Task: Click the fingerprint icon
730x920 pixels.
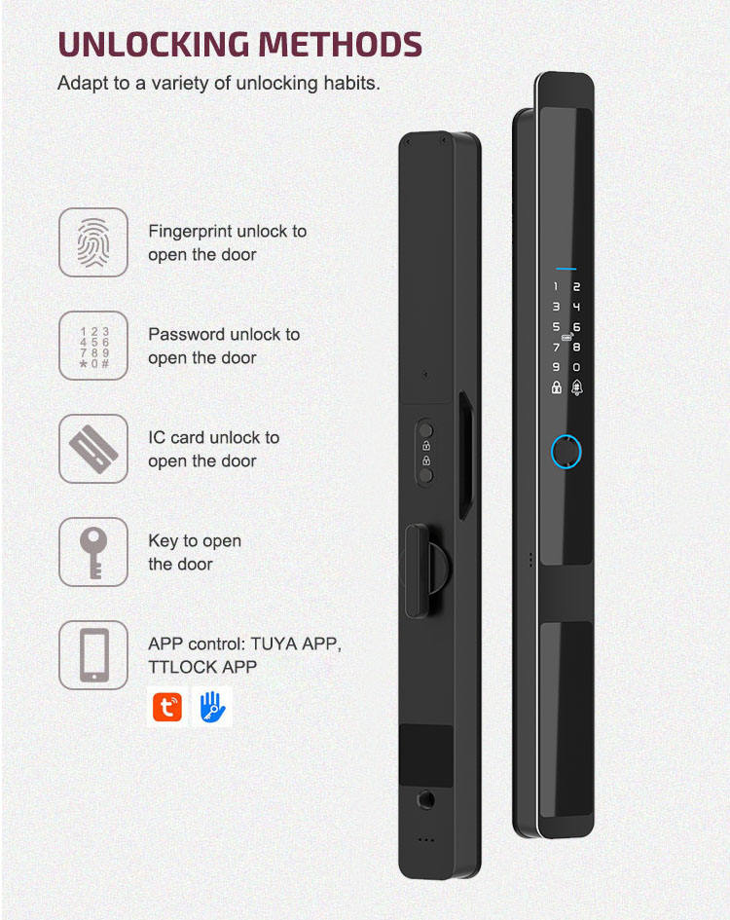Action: click(x=93, y=242)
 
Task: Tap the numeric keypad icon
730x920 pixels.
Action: click(x=93, y=348)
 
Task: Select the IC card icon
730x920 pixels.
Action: click(x=93, y=449)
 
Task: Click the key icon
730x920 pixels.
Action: click(x=93, y=553)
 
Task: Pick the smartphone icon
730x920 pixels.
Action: click(x=93, y=655)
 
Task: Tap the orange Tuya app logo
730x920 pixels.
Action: click(x=167, y=707)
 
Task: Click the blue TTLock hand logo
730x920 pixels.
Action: click(x=212, y=707)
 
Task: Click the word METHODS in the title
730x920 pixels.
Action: click(x=340, y=45)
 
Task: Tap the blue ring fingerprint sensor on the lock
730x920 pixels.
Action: click(x=566, y=452)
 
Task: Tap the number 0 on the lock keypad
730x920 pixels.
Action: click(x=576, y=367)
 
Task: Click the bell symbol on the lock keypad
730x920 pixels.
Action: click(x=577, y=387)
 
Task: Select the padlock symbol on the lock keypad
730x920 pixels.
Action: click(x=557, y=387)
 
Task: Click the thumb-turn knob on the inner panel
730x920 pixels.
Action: click(x=419, y=570)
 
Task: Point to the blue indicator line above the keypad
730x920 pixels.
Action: click(x=566, y=269)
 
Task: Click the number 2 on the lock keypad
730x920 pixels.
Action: click(x=576, y=287)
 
